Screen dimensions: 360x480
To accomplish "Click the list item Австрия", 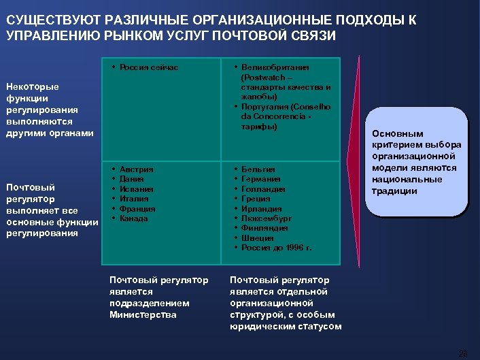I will [136, 169].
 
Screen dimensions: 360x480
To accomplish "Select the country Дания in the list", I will [132, 179].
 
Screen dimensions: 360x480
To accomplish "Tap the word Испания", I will [136, 189].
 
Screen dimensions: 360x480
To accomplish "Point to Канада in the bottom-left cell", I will [134, 218].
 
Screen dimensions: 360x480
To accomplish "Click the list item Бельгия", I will [258, 169].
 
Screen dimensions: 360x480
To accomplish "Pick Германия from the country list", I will [261, 179].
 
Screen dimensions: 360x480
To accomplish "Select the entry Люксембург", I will [266, 218].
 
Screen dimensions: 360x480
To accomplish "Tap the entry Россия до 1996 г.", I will [277, 248].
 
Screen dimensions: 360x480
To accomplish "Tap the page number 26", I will [464, 353].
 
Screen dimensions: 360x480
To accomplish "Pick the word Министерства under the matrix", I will [143, 314].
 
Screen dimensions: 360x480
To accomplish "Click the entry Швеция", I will [258, 238].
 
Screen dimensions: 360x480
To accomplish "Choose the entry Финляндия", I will [264, 229].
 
